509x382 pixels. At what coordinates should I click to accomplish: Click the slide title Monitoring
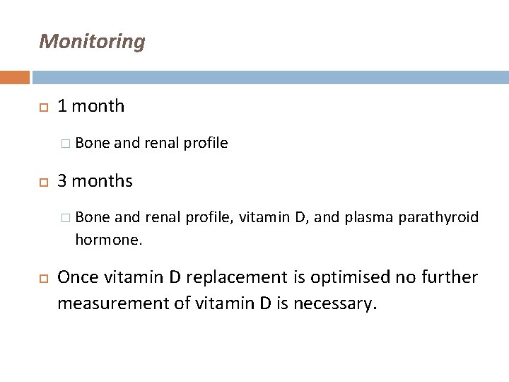pyautogui.click(x=93, y=42)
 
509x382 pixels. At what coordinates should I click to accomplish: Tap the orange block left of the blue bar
pyautogui.click(x=15, y=77)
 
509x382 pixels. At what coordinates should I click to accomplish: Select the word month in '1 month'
pyautogui.click(x=98, y=107)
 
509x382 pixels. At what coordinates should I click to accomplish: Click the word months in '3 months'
pyautogui.click(x=102, y=180)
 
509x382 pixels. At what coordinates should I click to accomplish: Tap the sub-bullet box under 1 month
pyautogui.click(x=66, y=144)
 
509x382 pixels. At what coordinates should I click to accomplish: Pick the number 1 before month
pyautogui.click(x=63, y=107)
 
